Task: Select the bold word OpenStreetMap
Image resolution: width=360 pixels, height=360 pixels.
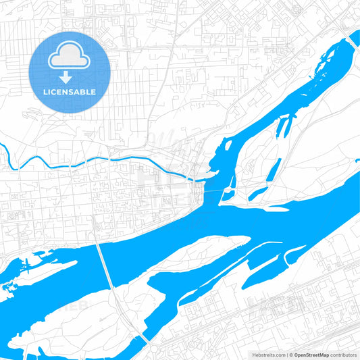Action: [x=311, y=355]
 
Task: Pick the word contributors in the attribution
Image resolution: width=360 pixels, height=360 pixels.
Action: [x=343, y=355]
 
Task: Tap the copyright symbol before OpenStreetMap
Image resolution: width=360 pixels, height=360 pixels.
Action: [x=290, y=355]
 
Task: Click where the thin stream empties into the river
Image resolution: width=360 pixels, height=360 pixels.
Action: [x=195, y=179]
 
